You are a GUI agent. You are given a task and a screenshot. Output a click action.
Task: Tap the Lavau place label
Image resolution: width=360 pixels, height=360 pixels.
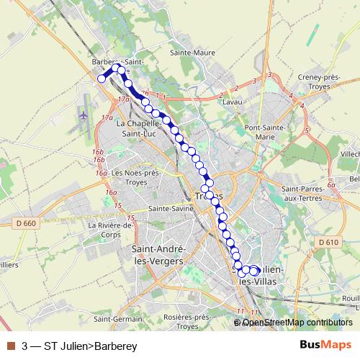tap(231, 103)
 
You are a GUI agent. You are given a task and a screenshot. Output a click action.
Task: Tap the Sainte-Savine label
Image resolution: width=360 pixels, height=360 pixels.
tap(168, 209)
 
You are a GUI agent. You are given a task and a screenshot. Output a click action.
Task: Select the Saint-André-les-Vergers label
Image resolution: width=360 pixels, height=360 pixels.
tap(157, 254)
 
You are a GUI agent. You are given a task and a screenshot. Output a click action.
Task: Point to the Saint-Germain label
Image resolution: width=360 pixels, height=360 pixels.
tap(117, 319)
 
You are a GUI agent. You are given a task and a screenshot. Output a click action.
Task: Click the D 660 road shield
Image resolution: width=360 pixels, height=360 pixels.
tap(24, 224)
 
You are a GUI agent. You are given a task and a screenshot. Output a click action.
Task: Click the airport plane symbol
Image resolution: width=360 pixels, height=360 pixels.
tap(83, 114)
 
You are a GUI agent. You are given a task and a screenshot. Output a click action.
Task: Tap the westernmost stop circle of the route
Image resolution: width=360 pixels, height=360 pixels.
tap(102, 78)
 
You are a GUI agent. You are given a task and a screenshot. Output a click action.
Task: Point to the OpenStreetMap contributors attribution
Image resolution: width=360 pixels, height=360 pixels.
tap(295, 323)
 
